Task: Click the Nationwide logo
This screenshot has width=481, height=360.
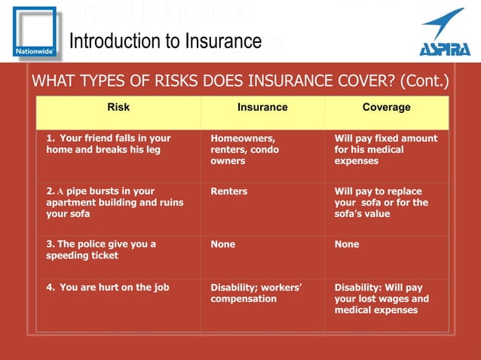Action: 34,32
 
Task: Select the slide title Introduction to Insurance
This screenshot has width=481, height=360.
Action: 166,41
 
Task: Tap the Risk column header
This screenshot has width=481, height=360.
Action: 118,108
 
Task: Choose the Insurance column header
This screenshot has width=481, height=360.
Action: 262,108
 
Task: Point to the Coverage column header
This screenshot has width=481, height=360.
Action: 386,108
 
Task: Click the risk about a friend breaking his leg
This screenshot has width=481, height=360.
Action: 109,144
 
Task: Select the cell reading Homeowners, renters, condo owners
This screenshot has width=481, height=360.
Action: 244,150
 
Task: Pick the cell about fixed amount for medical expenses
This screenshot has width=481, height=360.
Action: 385,150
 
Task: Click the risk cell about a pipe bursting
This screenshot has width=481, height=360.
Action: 114,203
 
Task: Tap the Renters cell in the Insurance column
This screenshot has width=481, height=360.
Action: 229,191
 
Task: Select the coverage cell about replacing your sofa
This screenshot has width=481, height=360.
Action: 381,203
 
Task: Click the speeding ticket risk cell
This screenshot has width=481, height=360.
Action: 101,249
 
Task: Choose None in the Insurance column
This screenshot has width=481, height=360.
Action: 223,244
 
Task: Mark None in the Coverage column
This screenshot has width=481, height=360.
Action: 347,244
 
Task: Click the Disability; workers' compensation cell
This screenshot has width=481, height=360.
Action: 256,293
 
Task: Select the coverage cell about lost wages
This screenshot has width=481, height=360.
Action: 381,298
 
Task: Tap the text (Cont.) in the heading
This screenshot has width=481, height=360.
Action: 424,81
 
